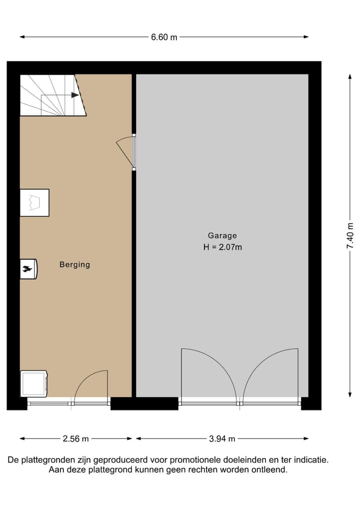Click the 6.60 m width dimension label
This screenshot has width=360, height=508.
coord(164,37)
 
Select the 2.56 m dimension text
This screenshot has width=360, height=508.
coord(76,439)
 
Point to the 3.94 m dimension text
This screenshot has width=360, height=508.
coord(222,439)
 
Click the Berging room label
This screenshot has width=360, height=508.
coord(75,265)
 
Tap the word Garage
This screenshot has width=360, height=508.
coord(222,235)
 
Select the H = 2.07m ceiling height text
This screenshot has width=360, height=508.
coord(222,247)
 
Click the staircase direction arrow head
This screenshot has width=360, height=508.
coord(75,95)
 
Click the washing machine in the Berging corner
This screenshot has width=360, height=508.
coord(33,383)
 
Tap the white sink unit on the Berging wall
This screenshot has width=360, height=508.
coord(34,203)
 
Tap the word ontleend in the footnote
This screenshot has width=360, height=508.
coord(270,470)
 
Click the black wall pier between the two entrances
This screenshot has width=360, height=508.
coord(144,403)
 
